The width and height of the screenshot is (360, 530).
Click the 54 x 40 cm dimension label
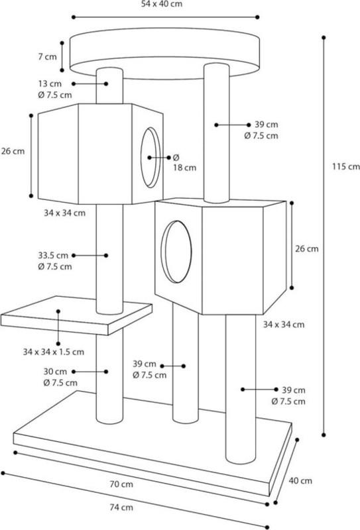point(161,5)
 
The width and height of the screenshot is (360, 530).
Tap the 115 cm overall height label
point(346,167)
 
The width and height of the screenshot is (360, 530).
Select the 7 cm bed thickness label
point(47,56)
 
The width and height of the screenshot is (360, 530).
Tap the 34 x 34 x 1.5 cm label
point(54,352)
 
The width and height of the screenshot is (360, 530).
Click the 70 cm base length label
point(121,484)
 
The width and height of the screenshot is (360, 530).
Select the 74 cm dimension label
point(121,507)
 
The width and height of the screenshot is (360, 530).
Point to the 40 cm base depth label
point(300,481)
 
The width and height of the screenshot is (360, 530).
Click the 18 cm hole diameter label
point(185,168)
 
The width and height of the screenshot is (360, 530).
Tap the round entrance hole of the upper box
point(150,158)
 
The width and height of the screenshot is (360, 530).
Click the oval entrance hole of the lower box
point(176,252)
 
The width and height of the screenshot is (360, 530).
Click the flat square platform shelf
point(76,316)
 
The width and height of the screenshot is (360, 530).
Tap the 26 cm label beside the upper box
point(13,151)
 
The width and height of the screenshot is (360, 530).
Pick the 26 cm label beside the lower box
point(307,249)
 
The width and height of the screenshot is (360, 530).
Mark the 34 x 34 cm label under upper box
point(64,213)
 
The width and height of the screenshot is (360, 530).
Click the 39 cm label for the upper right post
point(267,125)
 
